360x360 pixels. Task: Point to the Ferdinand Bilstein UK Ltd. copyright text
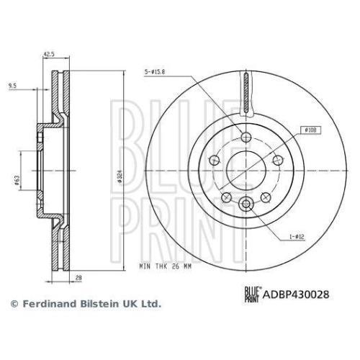coord(84,305)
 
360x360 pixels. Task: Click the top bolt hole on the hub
coord(246,138)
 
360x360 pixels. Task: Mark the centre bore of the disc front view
coord(246,171)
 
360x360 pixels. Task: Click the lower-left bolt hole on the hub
coord(226,197)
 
